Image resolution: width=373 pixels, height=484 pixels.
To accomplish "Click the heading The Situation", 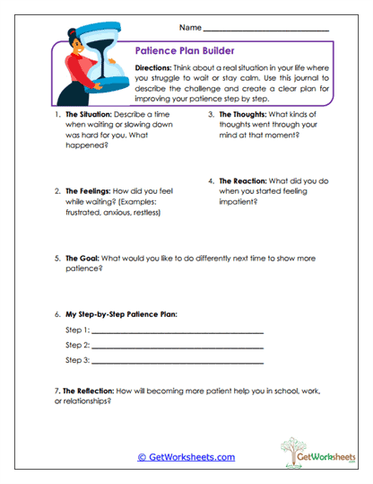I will pyautogui.click(x=90, y=115).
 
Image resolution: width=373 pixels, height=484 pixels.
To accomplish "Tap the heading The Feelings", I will pyautogui.click(x=89, y=191).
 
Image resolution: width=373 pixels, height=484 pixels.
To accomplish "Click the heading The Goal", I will pyautogui.click(x=82, y=258).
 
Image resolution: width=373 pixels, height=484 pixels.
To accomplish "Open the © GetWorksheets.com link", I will pyautogui.click(x=186, y=457).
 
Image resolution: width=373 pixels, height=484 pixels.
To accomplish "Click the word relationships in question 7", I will pyautogui.click(x=86, y=401).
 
